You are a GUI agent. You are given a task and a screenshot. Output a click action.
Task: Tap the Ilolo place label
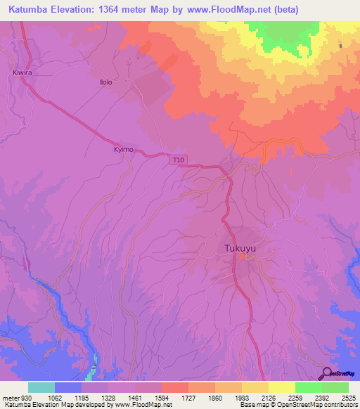click(x=105, y=82)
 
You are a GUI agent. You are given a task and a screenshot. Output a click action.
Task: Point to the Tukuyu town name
click(x=240, y=248)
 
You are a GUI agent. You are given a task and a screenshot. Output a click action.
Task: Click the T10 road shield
click(x=179, y=160)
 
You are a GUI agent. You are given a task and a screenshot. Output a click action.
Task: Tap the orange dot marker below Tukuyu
click(x=241, y=257)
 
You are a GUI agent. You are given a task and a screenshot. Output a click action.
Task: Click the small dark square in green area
click(x=340, y=46)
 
